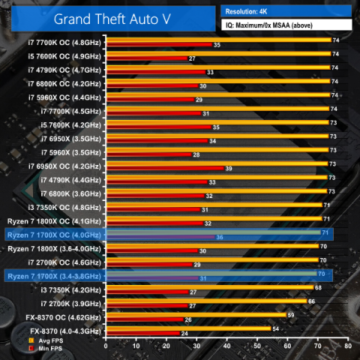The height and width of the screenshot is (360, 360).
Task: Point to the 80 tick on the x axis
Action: pyautogui.click(x=347, y=346)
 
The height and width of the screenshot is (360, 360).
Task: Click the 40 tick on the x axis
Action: pyautogui.click(x=227, y=346)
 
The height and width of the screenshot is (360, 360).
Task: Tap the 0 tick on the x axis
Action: pyautogui.click(x=106, y=346)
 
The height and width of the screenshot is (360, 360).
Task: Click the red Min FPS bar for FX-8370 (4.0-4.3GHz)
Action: pyautogui.click(x=142, y=333)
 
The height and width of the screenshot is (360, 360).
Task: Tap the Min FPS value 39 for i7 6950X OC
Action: pyautogui.click(x=228, y=169)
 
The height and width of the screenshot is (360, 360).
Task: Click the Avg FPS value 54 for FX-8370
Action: pyautogui.click(x=275, y=328)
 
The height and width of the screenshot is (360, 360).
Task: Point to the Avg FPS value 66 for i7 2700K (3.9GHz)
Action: pyautogui.click(x=311, y=301)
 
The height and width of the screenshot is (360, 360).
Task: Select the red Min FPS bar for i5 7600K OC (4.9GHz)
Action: pyautogui.click(x=147, y=58)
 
